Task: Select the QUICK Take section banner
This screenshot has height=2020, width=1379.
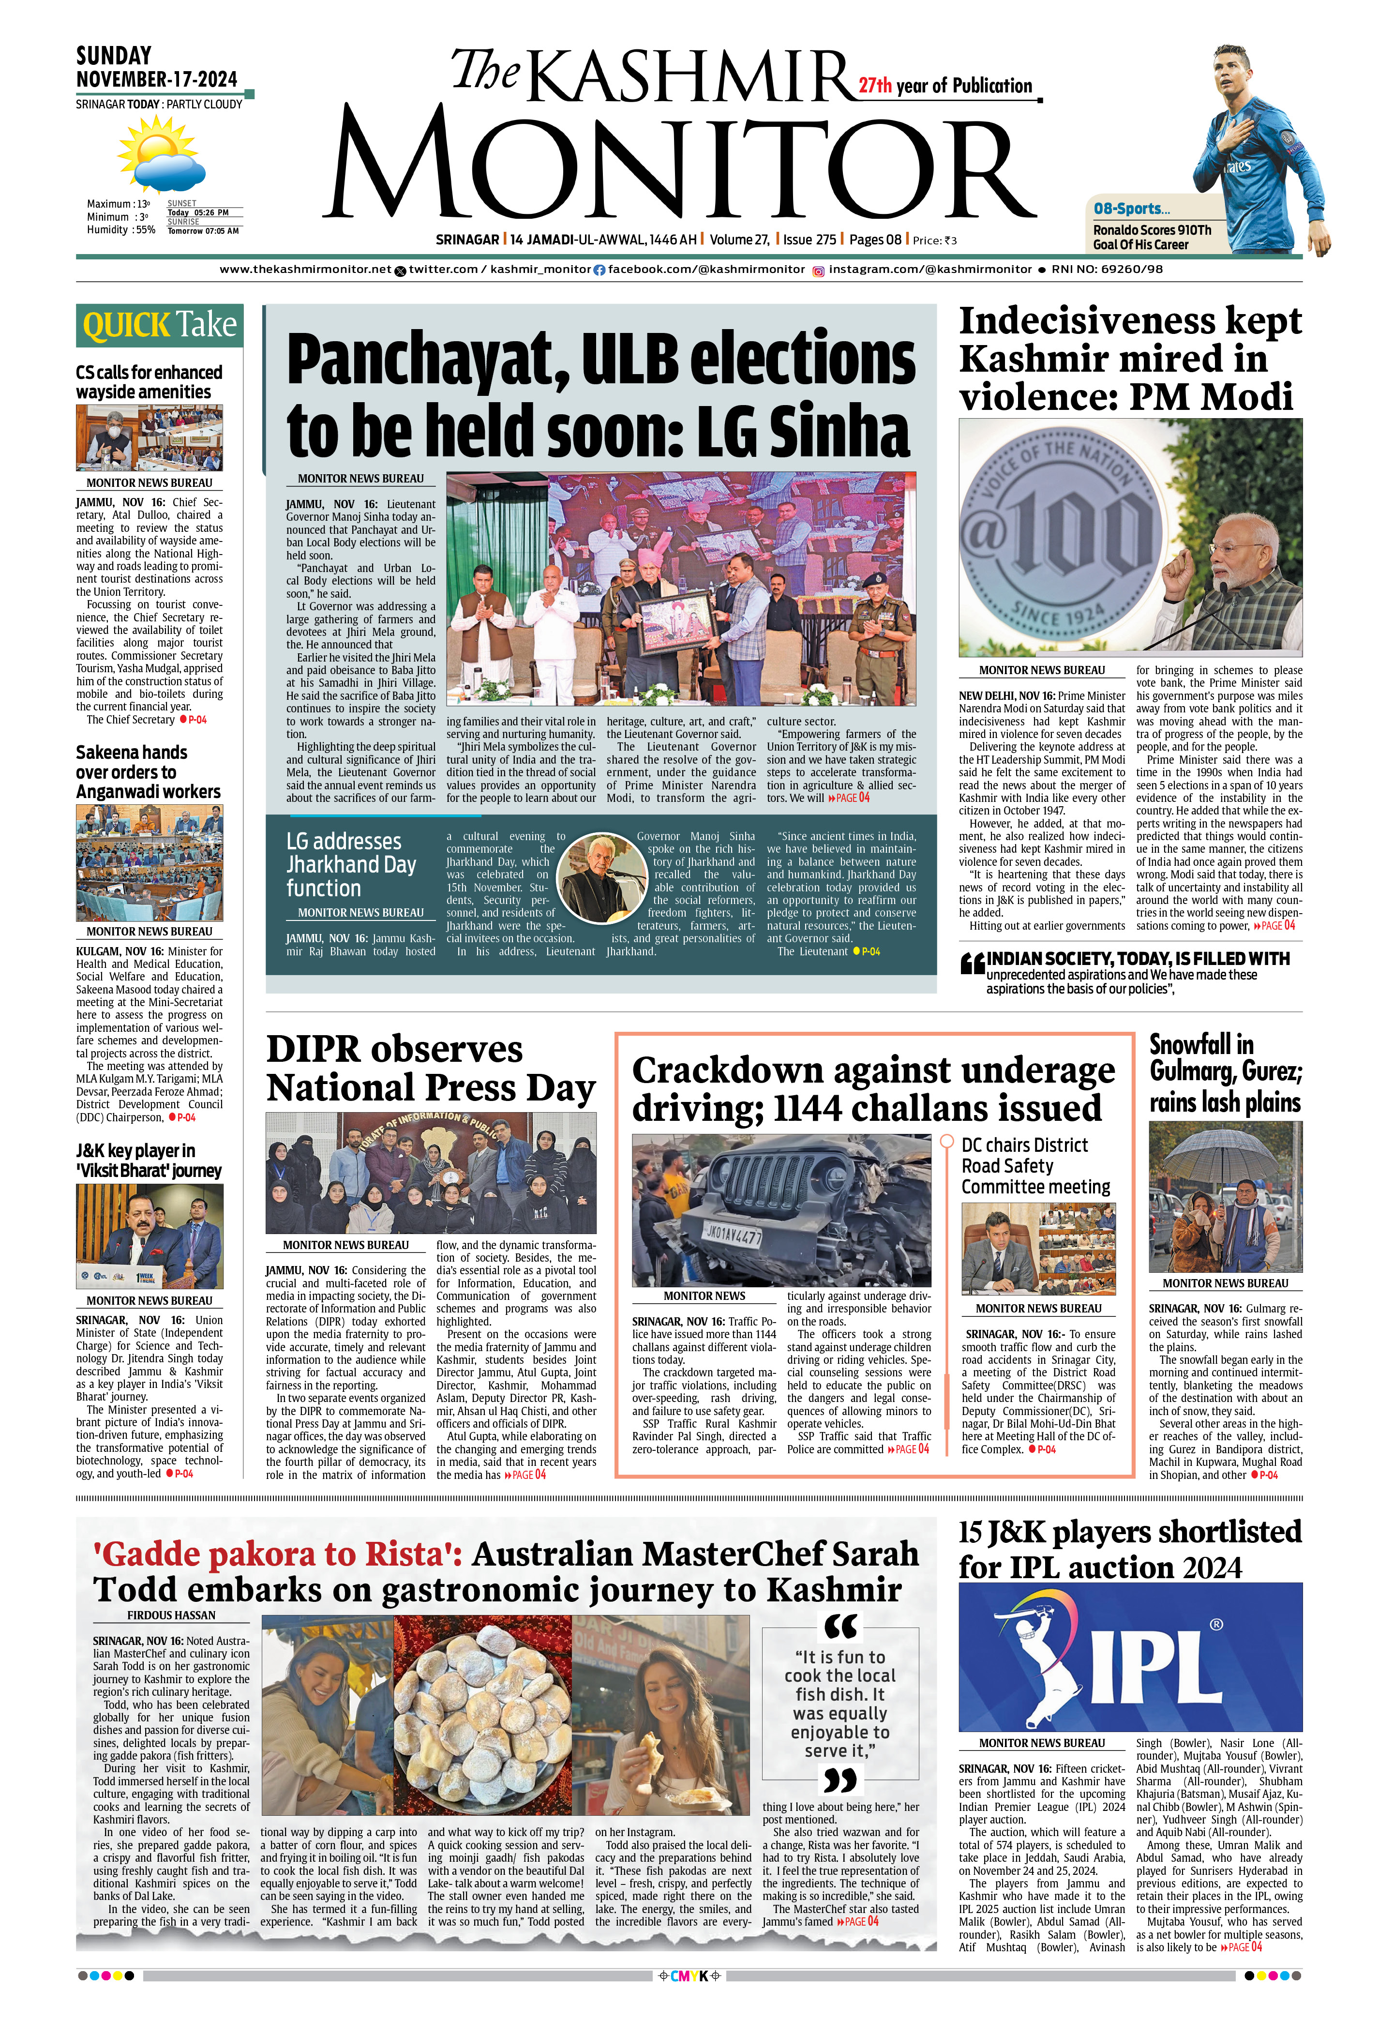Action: pyautogui.click(x=159, y=325)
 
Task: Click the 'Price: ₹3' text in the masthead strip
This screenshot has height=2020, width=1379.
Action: pyautogui.click(x=935, y=241)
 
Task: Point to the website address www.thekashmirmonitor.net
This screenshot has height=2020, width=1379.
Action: pyautogui.click(x=305, y=270)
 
